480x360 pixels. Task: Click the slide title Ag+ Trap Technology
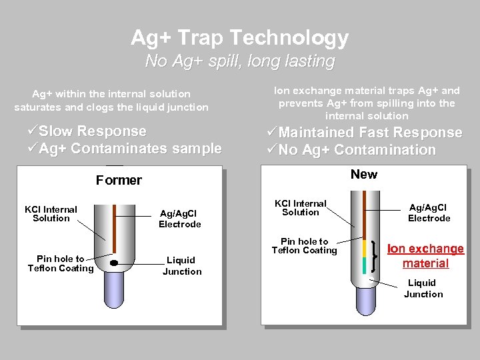239,37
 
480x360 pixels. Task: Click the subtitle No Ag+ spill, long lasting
239,61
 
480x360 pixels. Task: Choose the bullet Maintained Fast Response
363,133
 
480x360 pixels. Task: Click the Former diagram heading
119,180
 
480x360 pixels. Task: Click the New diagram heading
363,174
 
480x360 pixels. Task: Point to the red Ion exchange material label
425,256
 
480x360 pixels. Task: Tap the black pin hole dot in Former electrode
114,263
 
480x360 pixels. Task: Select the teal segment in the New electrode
365,265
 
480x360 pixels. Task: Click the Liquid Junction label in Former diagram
181,265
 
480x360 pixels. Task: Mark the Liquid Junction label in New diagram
423,288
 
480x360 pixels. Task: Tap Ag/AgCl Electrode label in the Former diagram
179,219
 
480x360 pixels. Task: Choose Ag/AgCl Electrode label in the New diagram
429,213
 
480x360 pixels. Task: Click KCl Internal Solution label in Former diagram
51,213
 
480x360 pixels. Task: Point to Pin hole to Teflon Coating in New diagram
304,246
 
